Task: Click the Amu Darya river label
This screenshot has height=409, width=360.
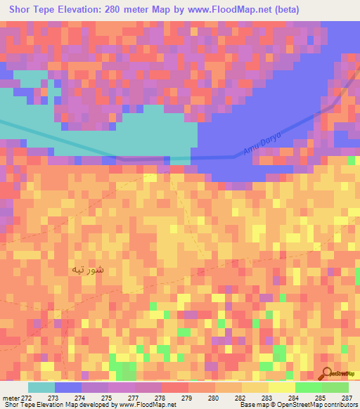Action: tap(262, 143)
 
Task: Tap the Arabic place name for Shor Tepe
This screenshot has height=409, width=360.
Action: tap(89, 269)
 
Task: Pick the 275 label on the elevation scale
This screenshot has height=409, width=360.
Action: tap(108, 398)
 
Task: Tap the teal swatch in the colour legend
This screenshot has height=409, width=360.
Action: tap(41, 387)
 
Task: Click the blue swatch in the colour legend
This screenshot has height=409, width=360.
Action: tap(68, 387)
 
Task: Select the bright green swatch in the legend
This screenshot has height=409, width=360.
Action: tap(309, 387)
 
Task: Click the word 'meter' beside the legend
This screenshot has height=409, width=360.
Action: tap(11, 398)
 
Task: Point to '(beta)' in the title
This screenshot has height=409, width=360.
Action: tap(285, 10)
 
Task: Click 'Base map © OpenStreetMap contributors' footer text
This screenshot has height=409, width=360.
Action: tap(297, 405)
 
